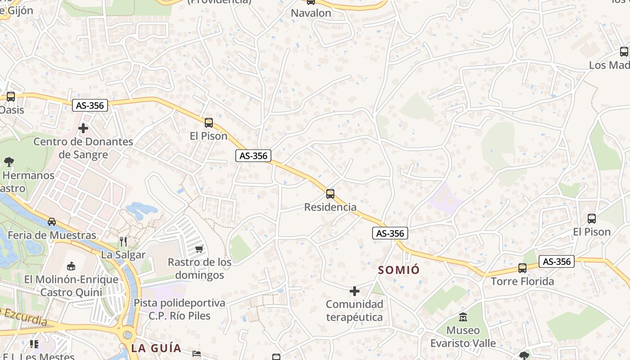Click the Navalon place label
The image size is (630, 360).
coord(311,13)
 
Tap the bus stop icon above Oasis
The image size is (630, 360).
coord(10,96)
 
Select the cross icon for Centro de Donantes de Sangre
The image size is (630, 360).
coord(83,128)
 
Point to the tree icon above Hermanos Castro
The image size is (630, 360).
coord(8,162)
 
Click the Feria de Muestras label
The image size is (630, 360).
coord(52,235)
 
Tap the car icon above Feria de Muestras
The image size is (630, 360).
coord(52,221)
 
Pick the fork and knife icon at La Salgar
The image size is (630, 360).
coord(123,242)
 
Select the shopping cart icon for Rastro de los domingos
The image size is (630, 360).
coord(199,249)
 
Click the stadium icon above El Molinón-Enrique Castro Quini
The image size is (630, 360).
coord(71,266)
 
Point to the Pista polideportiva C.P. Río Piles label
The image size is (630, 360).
coord(180,309)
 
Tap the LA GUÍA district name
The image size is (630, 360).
coord(156,348)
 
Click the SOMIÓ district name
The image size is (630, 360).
coord(399,270)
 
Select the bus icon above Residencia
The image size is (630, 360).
coord(330,194)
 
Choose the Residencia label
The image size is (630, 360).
coord(330,207)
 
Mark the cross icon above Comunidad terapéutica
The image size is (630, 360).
coord(355,291)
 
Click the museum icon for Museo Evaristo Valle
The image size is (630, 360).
coord(463,317)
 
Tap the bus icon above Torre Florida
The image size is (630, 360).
coord(522,268)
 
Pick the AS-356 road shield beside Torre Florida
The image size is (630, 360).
coord(557,261)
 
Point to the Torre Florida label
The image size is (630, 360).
coord(522,281)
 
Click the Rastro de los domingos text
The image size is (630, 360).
coord(199,268)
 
